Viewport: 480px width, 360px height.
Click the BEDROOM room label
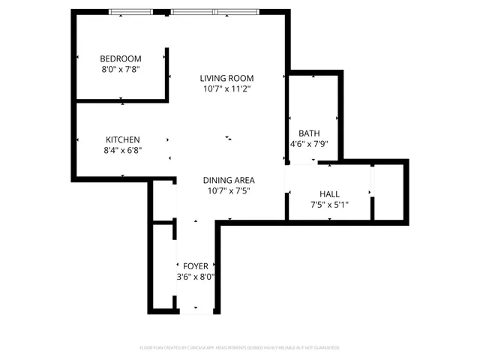121,59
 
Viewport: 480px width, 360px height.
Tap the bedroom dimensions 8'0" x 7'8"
121,70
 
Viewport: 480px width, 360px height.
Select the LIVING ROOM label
226,78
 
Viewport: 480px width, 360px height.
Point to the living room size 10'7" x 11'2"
226,88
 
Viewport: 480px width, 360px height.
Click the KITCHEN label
122,139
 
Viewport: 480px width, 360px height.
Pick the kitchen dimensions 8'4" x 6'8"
122,150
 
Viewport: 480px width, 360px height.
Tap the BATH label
309,133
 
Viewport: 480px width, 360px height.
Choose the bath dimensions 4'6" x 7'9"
309,144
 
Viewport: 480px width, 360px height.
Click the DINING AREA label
229,180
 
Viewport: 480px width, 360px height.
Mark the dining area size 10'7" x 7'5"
229,190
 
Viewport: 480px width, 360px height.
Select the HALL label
330,193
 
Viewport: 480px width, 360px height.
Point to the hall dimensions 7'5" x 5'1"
330,204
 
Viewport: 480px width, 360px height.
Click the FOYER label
196,266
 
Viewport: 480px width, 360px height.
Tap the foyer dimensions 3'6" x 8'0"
196,277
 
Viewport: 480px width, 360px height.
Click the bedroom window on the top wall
131,11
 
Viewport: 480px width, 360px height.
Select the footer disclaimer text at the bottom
240,348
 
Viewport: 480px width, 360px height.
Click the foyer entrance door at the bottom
196,311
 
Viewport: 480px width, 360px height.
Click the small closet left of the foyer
163,266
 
